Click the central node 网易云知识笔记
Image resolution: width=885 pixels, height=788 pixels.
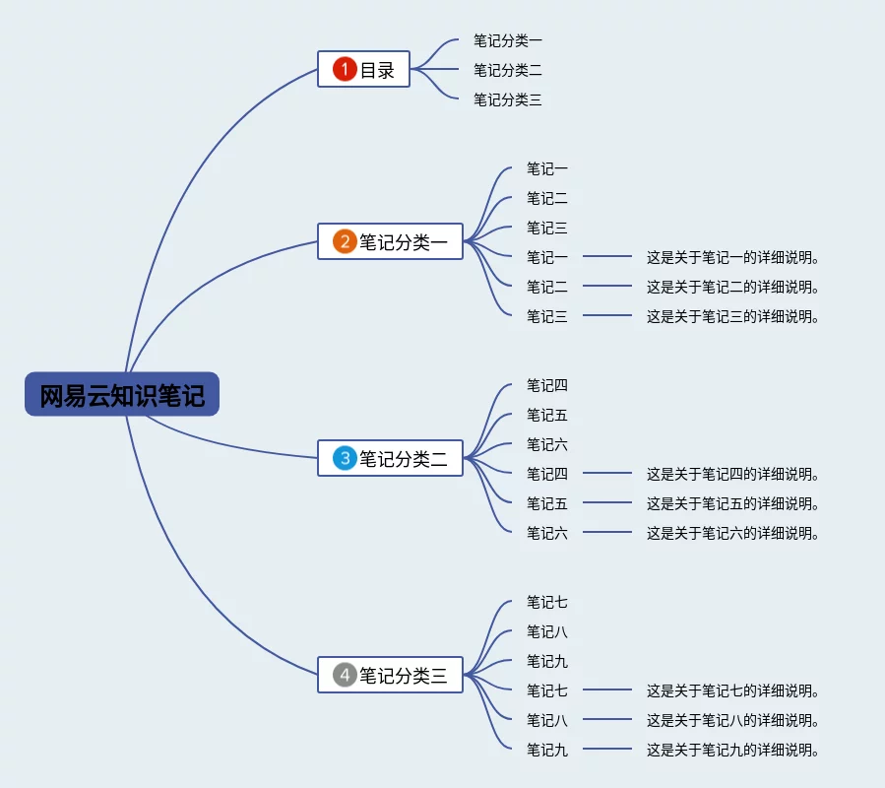(122, 395)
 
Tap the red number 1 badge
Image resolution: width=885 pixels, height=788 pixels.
(344, 69)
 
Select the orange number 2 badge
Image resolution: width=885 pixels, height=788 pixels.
(345, 241)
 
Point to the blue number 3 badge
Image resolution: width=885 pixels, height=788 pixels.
(345, 458)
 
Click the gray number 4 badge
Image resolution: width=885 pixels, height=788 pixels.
(345, 675)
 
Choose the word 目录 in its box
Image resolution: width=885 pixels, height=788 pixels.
(377, 70)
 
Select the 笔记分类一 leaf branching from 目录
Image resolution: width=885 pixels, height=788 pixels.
(507, 40)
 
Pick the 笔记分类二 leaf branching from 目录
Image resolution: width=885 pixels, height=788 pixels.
(507, 70)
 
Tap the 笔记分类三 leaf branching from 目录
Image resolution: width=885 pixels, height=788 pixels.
(507, 99)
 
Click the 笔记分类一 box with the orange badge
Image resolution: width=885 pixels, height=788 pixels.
(403, 241)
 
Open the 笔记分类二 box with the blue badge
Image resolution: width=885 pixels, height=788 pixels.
(403, 458)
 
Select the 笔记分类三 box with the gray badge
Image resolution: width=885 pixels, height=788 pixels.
(403, 675)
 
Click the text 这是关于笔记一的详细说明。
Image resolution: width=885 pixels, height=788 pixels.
(732, 258)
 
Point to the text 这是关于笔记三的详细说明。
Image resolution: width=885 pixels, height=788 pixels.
(732, 317)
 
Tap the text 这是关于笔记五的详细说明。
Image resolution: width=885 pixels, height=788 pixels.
(732, 504)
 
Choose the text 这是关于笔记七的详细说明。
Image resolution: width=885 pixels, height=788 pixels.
(732, 691)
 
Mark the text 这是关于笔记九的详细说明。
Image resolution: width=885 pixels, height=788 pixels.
(732, 751)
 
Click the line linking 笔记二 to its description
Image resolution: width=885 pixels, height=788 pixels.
(606, 287)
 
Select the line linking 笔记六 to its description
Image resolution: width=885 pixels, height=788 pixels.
(606, 533)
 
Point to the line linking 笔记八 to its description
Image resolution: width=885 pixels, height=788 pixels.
(606, 720)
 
